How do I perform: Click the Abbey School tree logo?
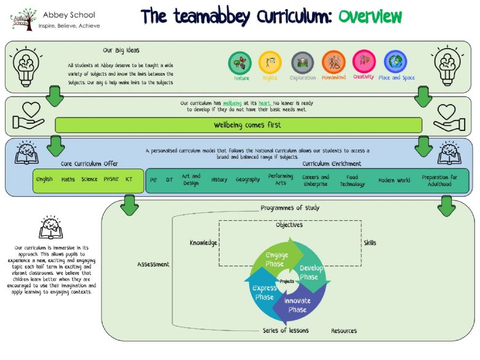pyautogui.click(x=23, y=18)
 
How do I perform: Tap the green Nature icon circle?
pyautogui.click(x=240, y=62)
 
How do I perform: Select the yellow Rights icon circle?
pyautogui.click(x=270, y=62)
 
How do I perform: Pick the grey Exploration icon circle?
pyautogui.click(x=302, y=62)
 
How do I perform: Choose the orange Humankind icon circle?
pyautogui.click(x=333, y=62)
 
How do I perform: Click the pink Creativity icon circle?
pyautogui.click(x=364, y=62)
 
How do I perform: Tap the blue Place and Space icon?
pyautogui.click(x=396, y=62)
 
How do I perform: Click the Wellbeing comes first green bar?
pyautogui.click(x=239, y=125)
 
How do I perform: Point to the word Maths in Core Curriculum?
pyautogui.click(x=68, y=180)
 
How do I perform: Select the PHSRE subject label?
pyautogui.click(x=111, y=180)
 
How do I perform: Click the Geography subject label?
pyautogui.click(x=247, y=180)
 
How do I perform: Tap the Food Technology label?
pyautogui.click(x=352, y=180)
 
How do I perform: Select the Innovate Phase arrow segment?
pyautogui.click(x=298, y=305)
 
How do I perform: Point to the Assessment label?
pyautogui.click(x=153, y=265)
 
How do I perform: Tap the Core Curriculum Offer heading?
pyautogui.click(x=89, y=164)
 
